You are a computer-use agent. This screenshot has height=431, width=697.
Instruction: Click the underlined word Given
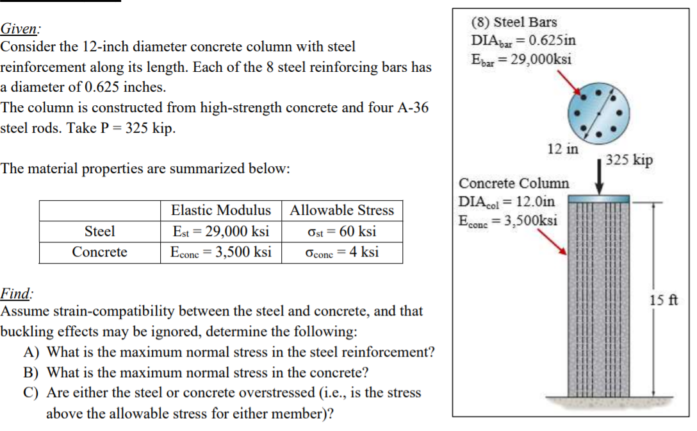click(x=19, y=29)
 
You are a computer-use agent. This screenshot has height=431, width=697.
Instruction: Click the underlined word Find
click(x=16, y=294)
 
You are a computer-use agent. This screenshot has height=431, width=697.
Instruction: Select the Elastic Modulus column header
click(x=220, y=210)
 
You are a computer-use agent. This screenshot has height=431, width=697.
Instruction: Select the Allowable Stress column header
click(x=341, y=210)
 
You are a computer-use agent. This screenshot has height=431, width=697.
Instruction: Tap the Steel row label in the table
click(x=99, y=231)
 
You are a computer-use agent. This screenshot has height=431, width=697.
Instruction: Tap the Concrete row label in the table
click(x=99, y=252)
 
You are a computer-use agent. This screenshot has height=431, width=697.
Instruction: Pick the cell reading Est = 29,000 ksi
click(x=220, y=231)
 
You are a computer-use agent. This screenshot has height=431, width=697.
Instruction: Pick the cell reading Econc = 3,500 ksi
click(x=220, y=252)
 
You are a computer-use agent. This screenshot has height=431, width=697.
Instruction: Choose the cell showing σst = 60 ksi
click(x=341, y=231)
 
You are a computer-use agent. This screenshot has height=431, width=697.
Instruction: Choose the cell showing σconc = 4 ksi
click(x=341, y=252)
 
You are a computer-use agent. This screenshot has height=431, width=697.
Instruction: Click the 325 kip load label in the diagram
click(x=629, y=160)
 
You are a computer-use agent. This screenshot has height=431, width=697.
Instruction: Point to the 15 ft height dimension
click(x=664, y=300)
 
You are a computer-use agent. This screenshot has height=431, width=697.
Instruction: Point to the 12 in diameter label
click(x=562, y=149)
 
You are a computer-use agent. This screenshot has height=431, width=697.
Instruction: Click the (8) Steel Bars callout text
click(x=514, y=22)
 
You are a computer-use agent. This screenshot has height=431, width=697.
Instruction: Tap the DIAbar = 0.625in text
click(x=523, y=40)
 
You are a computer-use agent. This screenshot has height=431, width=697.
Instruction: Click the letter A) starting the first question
click(x=33, y=352)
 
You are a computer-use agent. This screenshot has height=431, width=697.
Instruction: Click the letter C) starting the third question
click(x=33, y=393)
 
